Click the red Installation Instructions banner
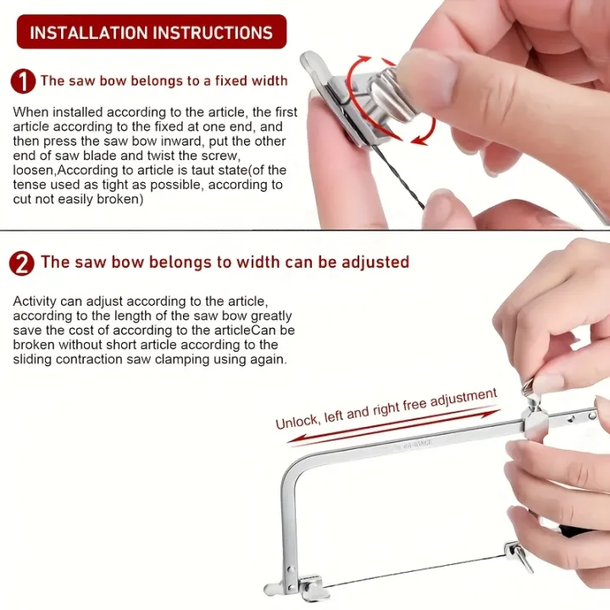point(152,32)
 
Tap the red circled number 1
point(23,81)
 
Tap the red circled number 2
point(22,263)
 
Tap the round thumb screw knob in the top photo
point(390,97)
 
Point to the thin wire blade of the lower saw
point(414,572)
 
